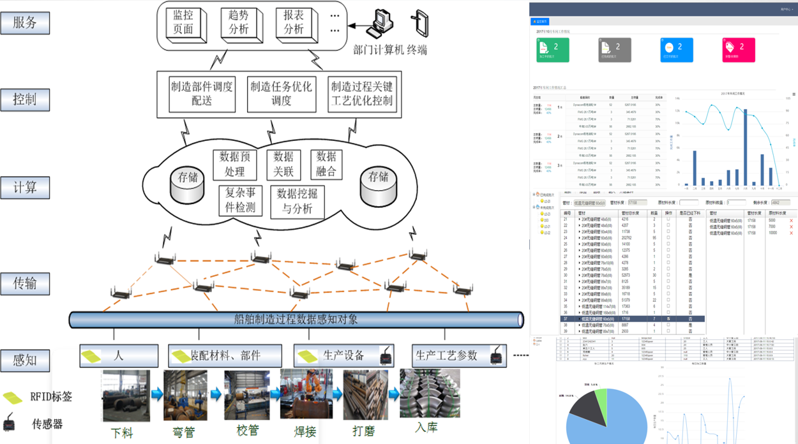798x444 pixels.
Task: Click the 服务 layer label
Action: pyautogui.click(x=25, y=23)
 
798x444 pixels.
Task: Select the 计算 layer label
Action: pyautogui.click(x=25, y=188)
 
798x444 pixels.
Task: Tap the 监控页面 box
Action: pyautogui.click(x=184, y=23)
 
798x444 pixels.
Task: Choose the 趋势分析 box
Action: pyautogui.click(x=239, y=23)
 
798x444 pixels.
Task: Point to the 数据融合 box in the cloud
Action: pyautogui.click(x=326, y=164)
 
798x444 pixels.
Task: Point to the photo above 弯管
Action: pyautogui.click(x=185, y=396)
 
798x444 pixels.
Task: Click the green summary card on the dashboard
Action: pyautogui.click(x=552, y=50)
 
